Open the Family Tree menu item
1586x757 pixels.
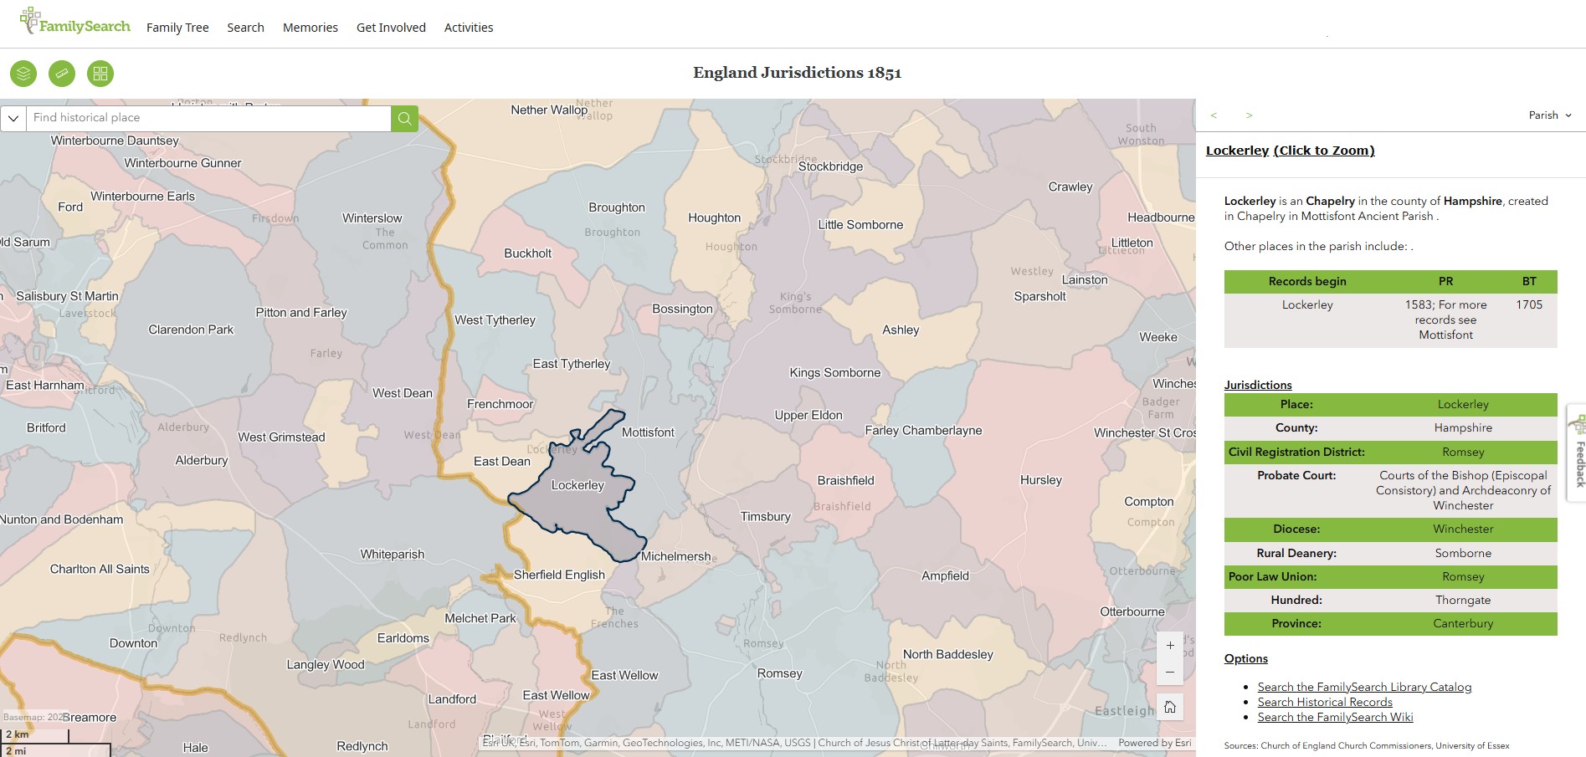[x=177, y=28]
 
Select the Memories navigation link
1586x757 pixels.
[x=310, y=28]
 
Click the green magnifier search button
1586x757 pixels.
[x=404, y=118]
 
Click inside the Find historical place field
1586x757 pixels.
[x=209, y=118]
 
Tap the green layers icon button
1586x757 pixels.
[x=23, y=74]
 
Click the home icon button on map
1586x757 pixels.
[x=1170, y=707]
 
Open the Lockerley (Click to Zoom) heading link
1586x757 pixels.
[x=1290, y=151]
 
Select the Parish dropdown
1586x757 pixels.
[x=1549, y=115]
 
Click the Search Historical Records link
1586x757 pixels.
[x=1324, y=702]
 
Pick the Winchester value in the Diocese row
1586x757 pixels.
[x=1462, y=529]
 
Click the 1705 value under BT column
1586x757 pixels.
[x=1528, y=304]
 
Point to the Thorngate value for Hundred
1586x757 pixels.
[x=1462, y=600]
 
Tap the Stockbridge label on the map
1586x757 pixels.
[x=829, y=166]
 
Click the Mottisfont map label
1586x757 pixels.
[x=647, y=432]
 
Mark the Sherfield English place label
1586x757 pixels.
[x=558, y=575]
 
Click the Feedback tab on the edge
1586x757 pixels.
[x=1578, y=456]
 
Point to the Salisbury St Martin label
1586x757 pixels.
[x=67, y=296]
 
